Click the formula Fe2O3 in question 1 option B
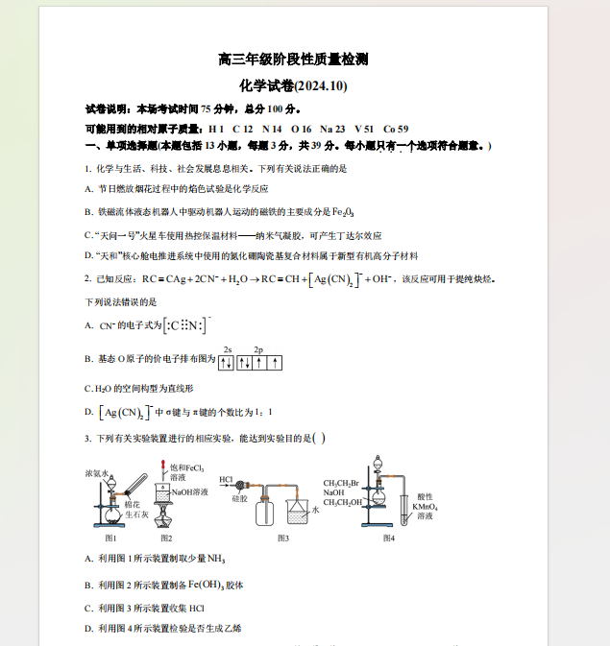coord(343,211)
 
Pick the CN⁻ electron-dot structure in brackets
coord(186,325)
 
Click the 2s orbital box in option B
coord(227,363)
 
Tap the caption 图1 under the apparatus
coord(111,538)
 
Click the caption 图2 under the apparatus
coord(166,538)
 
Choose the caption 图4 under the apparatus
coord(388,538)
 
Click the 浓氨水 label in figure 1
coord(98,473)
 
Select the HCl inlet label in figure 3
coord(226,479)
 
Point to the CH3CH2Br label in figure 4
coord(341,483)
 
